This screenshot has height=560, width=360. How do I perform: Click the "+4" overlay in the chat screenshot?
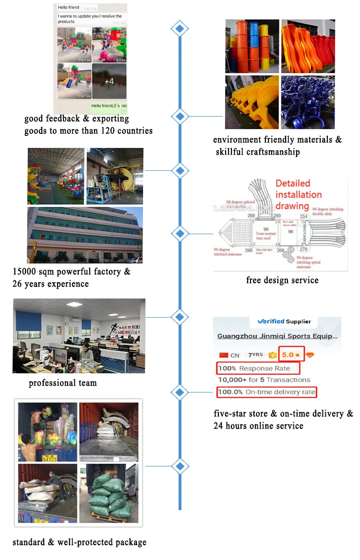coord(109,81)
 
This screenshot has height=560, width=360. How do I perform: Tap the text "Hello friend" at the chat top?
coord(69,8)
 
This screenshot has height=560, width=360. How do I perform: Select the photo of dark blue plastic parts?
coord(308,102)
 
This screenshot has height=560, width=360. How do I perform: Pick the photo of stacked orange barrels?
coord(252,46)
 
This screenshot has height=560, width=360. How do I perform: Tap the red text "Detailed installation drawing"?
coord(298,194)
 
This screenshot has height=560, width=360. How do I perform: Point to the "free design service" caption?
coord(282,280)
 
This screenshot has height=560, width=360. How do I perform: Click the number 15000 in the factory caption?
coord(26,272)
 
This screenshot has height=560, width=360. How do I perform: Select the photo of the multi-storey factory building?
coord(84,235)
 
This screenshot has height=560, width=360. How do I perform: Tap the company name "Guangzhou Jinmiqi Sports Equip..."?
coord(277,336)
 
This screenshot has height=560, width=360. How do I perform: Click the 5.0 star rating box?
coord(291,355)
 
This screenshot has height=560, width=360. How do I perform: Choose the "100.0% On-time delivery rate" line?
coord(267,392)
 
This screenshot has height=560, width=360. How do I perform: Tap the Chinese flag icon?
coord(223,355)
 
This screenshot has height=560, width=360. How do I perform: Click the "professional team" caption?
coord(63,383)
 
